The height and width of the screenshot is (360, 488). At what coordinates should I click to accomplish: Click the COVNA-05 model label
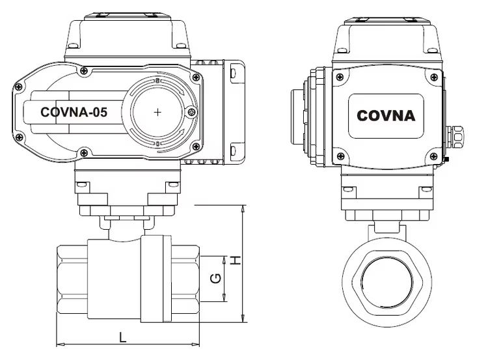tap(74, 112)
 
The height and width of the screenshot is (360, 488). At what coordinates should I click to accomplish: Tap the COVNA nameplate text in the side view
tap(386, 116)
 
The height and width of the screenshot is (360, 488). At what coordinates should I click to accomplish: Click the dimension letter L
tap(123, 337)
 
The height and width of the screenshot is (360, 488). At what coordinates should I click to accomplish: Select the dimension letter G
tap(215, 278)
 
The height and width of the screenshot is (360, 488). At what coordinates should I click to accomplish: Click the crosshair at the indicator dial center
tap(158, 112)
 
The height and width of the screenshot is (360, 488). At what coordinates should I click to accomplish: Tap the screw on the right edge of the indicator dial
tap(192, 112)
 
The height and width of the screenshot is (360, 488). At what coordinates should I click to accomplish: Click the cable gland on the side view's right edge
tap(455, 137)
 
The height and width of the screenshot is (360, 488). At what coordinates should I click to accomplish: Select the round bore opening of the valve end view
tap(387, 283)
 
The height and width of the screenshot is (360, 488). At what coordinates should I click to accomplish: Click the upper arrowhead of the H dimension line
tap(243, 209)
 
